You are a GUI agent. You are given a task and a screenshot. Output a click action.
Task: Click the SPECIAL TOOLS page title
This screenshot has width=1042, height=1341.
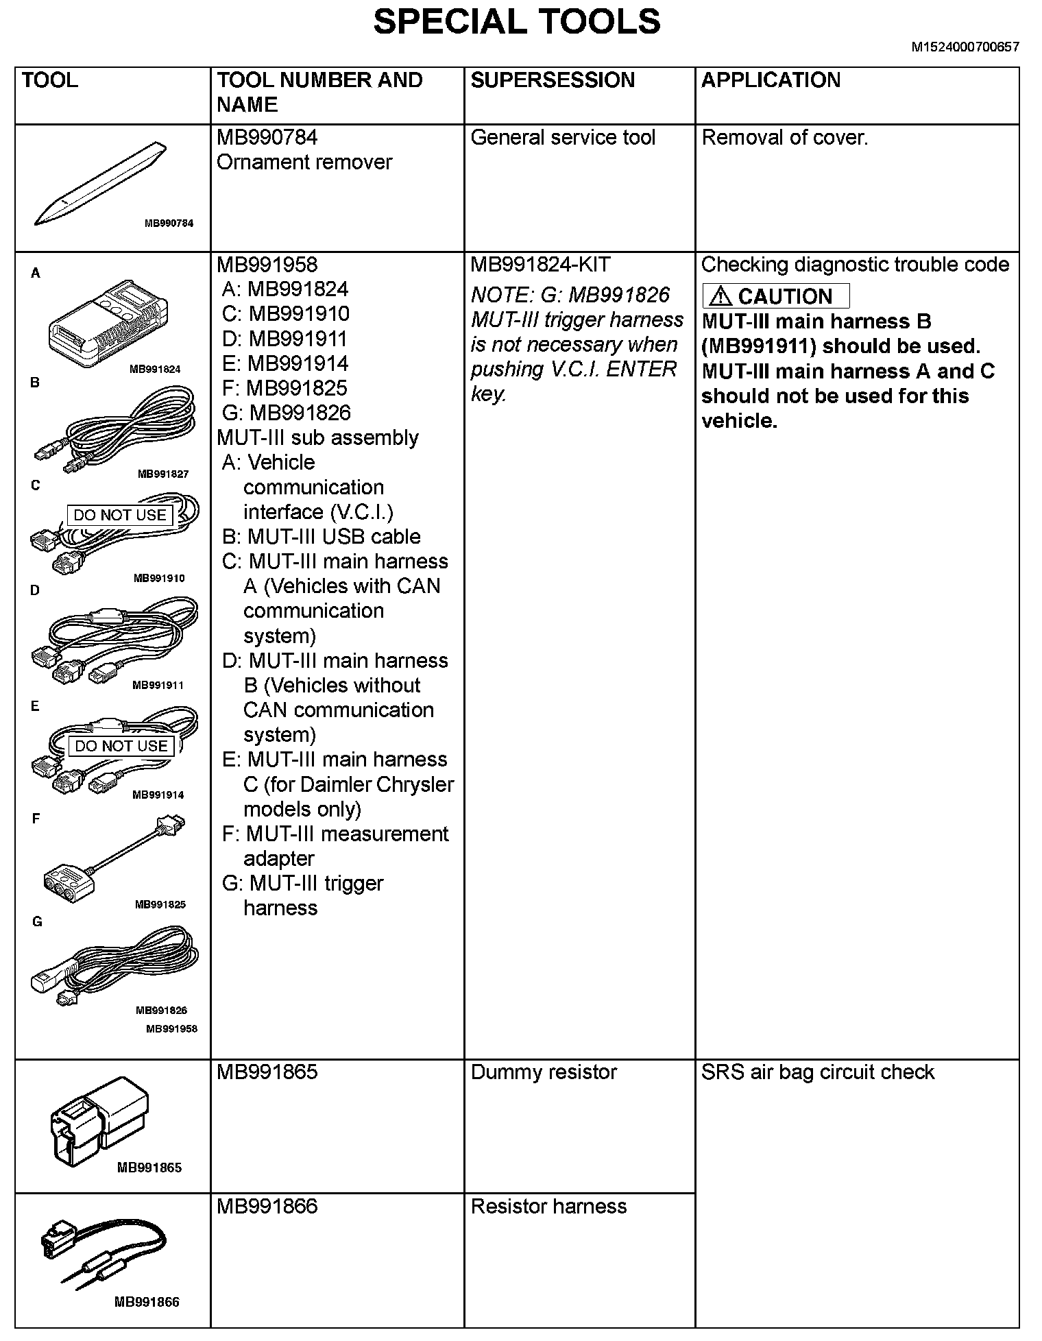point(516,22)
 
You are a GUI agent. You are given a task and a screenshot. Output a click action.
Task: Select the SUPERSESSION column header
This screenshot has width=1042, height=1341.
point(553,80)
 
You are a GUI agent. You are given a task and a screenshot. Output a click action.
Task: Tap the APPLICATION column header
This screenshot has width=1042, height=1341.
point(770,80)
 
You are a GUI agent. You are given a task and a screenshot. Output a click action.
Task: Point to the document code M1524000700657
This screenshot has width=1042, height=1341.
point(965,47)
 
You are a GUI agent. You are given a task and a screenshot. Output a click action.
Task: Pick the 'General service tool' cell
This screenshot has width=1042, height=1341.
point(563,138)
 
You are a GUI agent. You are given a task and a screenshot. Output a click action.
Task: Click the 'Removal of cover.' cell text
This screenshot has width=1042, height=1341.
point(784,138)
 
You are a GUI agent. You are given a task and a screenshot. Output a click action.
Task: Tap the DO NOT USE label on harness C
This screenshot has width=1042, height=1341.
point(120,515)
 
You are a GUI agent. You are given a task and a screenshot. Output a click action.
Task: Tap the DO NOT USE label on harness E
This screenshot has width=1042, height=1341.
point(121,746)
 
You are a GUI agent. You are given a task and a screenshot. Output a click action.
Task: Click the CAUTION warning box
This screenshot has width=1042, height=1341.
point(775,296)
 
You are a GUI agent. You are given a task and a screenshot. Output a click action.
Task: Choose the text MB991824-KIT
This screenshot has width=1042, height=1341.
point(540,265)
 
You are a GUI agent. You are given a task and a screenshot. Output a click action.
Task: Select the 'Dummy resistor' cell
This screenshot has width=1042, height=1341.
point(544,1072)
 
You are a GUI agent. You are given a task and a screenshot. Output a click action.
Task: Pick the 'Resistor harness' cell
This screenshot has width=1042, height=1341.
point(548,1207)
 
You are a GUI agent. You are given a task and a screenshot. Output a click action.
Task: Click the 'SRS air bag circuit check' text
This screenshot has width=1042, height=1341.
point(817,1072)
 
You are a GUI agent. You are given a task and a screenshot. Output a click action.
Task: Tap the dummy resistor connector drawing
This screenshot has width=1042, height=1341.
point(99,1120)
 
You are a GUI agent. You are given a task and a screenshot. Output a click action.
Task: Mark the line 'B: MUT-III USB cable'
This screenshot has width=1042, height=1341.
point(321,537)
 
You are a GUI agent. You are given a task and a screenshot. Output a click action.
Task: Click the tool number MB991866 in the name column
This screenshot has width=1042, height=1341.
point(267,1207)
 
